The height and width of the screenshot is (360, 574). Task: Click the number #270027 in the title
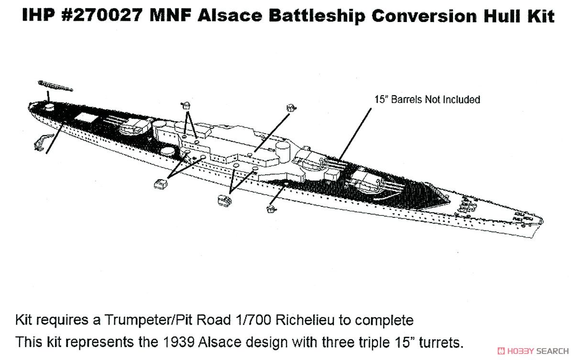[x=102, y=15]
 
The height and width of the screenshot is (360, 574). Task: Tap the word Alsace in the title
[x=230, y=15]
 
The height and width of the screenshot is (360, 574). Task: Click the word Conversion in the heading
[x=424, y=15]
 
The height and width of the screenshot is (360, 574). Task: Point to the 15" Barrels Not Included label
[x=427, y=100]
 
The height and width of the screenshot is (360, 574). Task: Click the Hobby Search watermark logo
[x=533, y=351]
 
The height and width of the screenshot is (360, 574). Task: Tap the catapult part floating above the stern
[x=55, y=86]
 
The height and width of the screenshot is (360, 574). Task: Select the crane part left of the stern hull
[x=42, y=142]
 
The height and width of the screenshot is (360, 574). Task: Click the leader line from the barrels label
[x=354, y=135]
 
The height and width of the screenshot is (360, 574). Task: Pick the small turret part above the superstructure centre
[x=291, y=108]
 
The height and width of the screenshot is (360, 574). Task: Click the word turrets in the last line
[x=441, y=343]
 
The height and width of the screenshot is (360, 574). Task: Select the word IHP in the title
[x=38, y=15]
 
